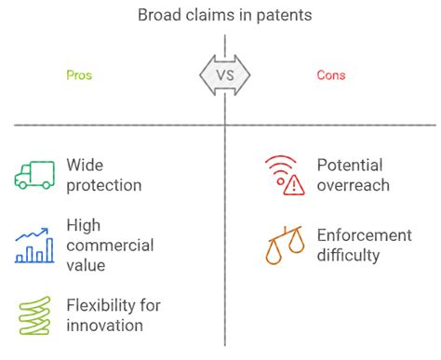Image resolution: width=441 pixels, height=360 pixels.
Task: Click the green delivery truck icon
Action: coord(35,175)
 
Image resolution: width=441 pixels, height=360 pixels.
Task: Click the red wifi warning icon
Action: coord(283,175)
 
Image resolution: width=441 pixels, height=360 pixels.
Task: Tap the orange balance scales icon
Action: coord(283,245)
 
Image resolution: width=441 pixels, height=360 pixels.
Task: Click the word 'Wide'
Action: coord(85,166)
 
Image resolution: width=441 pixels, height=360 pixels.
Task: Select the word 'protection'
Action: coord(104,185)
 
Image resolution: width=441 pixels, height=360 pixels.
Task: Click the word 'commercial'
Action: coord(110,246)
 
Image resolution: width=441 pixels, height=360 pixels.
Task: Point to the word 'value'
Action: coord(87,265)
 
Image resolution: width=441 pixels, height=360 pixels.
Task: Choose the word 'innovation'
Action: coord(105,326)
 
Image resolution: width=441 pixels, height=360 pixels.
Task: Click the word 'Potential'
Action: coord(349,166)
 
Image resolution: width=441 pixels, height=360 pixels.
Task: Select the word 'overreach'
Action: coord(353,185)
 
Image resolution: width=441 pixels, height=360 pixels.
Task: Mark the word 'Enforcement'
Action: coord(364,235)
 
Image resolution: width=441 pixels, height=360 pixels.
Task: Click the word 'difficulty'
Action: coord(350,256)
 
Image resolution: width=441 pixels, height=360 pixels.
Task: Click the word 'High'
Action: coord(84,225)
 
